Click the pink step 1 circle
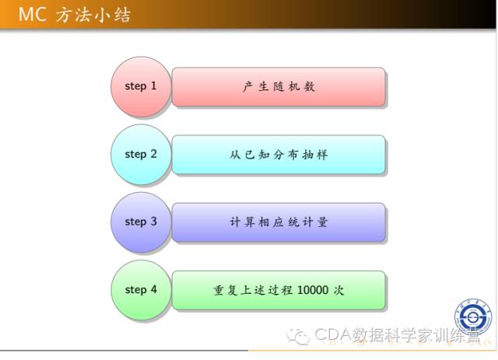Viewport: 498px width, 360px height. (141, 86)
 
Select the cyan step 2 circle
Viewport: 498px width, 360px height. (141, 155)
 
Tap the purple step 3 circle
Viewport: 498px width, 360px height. (141, 222)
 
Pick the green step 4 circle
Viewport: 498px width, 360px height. (141, 290)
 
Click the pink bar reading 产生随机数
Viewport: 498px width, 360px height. (279, 86)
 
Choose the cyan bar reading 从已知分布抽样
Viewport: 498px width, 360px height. (279, 155)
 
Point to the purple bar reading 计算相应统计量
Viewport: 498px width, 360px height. (279, 222)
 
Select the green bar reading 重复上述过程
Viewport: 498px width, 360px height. (279, 290)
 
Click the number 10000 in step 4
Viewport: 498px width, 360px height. (313, 290)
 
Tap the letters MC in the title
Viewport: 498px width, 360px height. (33, 15)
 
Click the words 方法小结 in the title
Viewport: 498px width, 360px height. (93, 15)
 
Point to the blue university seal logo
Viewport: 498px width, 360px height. (473, 316)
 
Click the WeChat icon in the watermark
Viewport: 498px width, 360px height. (297, 337)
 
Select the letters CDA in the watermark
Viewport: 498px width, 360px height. (333, 334)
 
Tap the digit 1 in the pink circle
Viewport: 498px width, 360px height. (153, 86)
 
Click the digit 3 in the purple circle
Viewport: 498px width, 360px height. (154, 222)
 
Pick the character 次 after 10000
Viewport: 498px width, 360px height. (338, 290)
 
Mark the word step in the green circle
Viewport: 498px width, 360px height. (135, 290)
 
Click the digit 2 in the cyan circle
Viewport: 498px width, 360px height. (154, 154)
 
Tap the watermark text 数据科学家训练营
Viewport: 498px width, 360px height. (416, 334)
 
